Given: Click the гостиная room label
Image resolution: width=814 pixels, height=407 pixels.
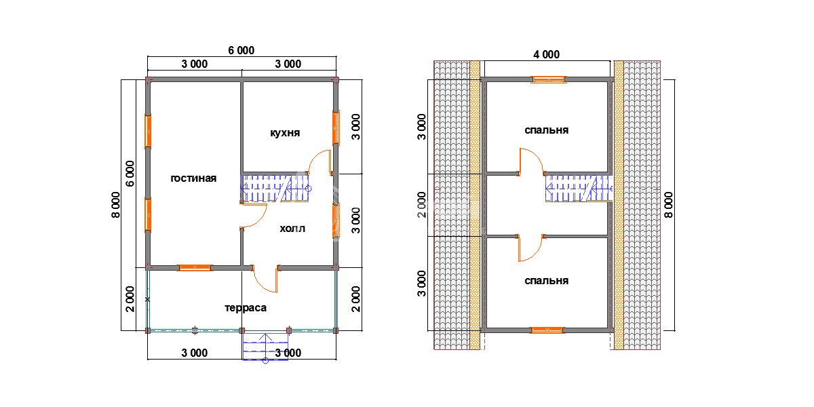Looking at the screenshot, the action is [193, 179].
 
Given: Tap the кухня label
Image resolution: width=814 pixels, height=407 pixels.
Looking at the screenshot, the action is [285, 133].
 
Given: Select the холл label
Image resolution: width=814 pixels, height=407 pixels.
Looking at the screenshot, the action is [292, 229].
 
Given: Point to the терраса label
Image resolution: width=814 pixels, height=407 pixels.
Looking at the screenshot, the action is [246, 308].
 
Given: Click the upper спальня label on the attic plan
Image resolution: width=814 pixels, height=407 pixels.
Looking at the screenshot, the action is [546, 130].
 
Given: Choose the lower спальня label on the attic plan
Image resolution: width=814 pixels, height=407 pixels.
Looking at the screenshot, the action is [546, 281].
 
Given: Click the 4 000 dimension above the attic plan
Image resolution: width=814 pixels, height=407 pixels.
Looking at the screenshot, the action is [546, 54].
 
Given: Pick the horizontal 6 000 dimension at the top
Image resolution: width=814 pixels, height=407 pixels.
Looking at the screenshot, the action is [241, 50].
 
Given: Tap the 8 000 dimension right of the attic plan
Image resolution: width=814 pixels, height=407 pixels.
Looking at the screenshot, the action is [669, 205].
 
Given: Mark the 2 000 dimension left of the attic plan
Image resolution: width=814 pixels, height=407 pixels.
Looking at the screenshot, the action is [421, 205].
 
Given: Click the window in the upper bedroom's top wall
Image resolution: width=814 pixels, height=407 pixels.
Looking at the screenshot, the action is [548, 79].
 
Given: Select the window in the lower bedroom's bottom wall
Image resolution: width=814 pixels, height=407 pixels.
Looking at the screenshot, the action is [547, 330].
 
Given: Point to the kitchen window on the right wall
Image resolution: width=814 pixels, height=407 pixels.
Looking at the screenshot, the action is [336, 128].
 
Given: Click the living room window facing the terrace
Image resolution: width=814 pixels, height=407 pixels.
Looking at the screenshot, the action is [195, 268].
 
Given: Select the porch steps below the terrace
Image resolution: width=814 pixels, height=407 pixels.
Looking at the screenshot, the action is [265, 347].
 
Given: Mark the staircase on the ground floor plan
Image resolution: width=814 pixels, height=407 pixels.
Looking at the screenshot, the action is [275, 189].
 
